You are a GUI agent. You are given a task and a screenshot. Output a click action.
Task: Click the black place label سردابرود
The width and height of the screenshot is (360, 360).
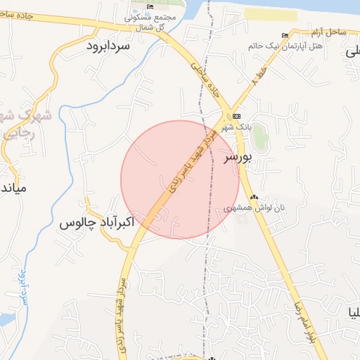pos(109,46)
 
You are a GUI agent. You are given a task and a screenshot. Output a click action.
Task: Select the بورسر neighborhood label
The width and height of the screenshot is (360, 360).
pos(237,157)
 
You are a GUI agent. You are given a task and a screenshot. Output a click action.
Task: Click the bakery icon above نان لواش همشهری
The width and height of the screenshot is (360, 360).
pos(254,198)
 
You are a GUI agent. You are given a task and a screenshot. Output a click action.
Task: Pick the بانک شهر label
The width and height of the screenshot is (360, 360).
pos(236,127)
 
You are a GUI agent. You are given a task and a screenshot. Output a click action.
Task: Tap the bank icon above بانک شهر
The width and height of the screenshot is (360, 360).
pos(236,116)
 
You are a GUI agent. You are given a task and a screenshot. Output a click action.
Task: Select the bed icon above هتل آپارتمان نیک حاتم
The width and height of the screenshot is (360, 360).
pos(285,36)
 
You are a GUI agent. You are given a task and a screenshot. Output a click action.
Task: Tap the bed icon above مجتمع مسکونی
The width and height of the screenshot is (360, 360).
pos(150,6)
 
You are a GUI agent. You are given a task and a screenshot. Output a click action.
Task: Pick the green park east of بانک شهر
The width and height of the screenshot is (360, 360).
pos(260,136)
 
